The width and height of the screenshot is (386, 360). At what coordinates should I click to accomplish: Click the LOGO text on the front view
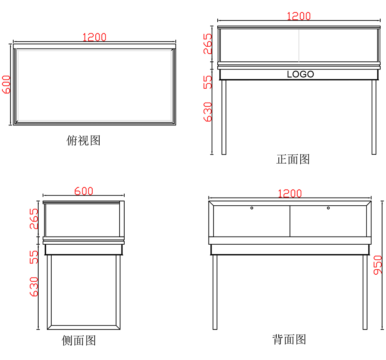coord(300,74)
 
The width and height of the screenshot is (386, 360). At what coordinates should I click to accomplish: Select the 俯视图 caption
coord(83,140)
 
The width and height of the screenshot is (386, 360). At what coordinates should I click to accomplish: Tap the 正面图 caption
coord(293,159)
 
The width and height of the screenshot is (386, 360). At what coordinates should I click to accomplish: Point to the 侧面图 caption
coord(79,340)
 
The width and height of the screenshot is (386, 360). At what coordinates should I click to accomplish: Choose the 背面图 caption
coord(289,339)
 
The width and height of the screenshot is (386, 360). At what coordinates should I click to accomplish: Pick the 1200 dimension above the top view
coord(94,37)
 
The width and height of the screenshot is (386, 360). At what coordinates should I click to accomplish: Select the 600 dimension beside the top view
coord(7,84)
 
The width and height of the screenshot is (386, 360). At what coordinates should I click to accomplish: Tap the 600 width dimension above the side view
coord(84,191)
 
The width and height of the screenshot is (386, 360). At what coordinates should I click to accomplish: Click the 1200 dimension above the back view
coord(290,193)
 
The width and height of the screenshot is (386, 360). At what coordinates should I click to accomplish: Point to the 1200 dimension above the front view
coord(299,16)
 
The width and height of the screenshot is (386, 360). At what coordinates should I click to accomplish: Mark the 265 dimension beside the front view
coord(208,44)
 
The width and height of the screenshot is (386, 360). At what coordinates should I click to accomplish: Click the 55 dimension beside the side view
coord(34,257)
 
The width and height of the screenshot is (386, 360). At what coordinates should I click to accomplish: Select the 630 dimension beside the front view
coord(208,112)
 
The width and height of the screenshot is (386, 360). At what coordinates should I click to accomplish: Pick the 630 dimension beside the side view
coord(34,286)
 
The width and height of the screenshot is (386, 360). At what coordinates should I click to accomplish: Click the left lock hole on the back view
coord(252,208)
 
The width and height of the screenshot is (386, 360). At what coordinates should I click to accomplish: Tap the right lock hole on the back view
coord(328,208)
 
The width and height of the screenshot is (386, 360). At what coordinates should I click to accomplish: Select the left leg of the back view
coord(215,292)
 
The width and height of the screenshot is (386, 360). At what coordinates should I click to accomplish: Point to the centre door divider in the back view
coord(290,221)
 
